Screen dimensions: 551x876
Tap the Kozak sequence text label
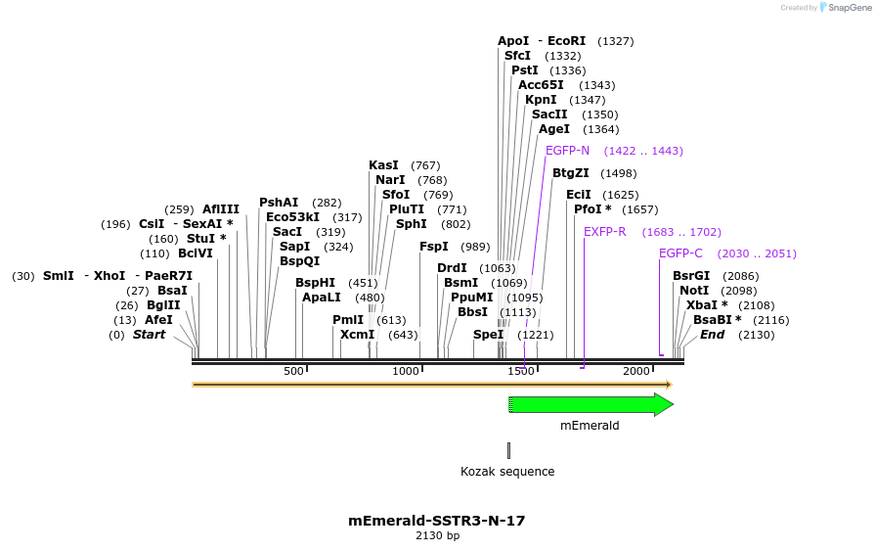pos(507,472)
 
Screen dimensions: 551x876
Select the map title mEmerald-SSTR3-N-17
pos(437,521)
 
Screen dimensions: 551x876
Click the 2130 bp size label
pos(437,536)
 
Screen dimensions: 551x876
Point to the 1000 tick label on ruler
pos(406,371)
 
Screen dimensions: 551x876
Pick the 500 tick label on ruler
pos(293,371)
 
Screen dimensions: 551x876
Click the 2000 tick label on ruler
pos(635,371)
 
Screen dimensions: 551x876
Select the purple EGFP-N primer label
pos(567,151)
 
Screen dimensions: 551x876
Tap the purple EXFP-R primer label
pos(604,232)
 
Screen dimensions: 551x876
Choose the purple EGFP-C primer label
pos(680,253)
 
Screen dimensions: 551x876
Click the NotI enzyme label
pos(694,291)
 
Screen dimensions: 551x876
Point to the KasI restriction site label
pos(383,165)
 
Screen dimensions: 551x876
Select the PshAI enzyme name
pos(279,203)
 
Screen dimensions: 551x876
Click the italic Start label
pos(149,335)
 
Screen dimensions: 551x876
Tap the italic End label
pos(712,335)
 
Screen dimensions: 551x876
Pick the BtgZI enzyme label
pos(571,173)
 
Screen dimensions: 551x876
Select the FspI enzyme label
pos(434,247)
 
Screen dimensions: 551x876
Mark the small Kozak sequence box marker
pos(508,450)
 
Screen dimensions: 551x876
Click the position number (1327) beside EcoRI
pos(615,41)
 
